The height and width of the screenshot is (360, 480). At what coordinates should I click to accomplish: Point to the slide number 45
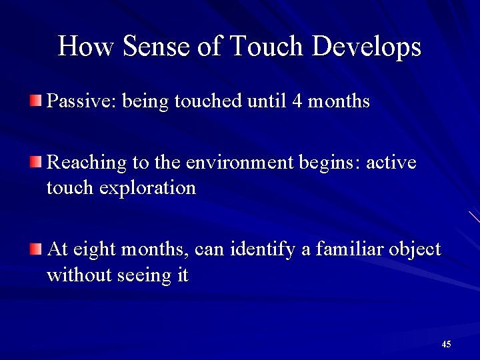pyautogui.click(x=446, y=344)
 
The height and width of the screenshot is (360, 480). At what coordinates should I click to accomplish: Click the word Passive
pyautogui.click(x=77, y=102)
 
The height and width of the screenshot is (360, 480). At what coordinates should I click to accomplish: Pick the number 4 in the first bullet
pyautogui.click(x=297, y=102)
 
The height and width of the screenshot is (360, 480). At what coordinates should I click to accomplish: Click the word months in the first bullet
pyautogui.click(x=339, y=102)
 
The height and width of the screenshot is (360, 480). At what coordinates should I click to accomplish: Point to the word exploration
pyautogui.click(x=147, y=189)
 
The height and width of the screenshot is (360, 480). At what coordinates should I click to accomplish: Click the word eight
pyautogui.click(x=95, y=250)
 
